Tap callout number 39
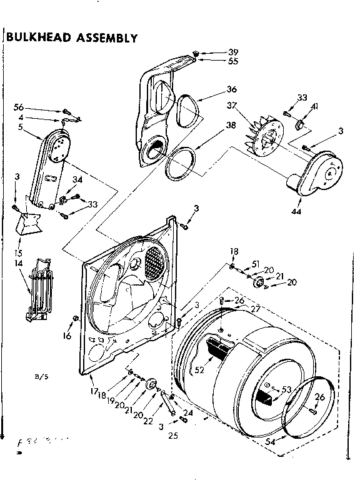(x=233, y=52)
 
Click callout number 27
(x=253, y=309)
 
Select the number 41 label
(x=314, y=107)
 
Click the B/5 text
(x=41, y=377)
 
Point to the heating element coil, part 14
(x=41, y=284)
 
